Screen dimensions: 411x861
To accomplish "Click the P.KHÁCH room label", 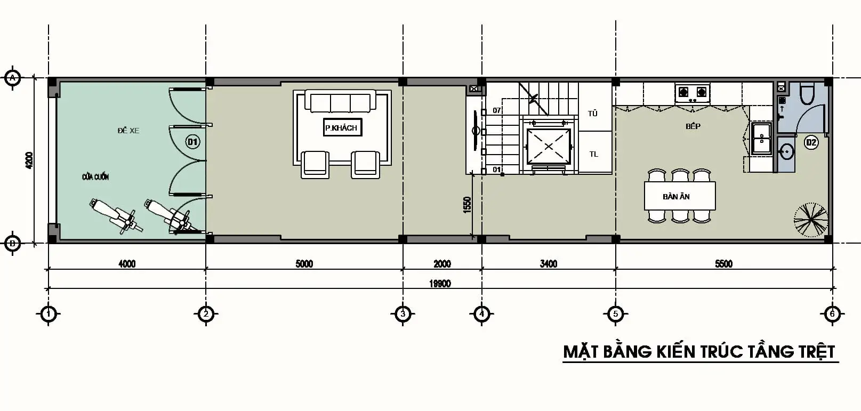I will point(342,128).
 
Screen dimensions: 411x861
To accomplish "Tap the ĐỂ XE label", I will point(128,131).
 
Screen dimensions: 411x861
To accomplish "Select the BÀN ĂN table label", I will point(677,197).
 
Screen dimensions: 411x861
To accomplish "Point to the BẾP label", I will point(693,126).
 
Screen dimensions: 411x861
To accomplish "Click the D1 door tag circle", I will point(192,142).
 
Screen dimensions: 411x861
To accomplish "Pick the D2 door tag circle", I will point(811,142).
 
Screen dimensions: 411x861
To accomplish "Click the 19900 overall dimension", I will point(440,284).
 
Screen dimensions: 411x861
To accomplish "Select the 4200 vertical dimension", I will point(29,160).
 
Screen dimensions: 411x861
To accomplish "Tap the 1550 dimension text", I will point(468,205).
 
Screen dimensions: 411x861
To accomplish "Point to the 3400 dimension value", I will point(548,264).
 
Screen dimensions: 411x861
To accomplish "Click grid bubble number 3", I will point(403,314).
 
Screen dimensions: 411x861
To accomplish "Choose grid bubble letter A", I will point(12,78).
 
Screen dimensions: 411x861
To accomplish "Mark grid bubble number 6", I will point(832,314).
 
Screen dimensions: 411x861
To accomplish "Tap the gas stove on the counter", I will point(692,93).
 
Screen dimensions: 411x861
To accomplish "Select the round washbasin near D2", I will point(785,153).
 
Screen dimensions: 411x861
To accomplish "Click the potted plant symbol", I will point(811,220).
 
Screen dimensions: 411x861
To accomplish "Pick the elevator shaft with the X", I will point(548,146).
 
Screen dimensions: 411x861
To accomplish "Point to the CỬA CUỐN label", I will point(95,177).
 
